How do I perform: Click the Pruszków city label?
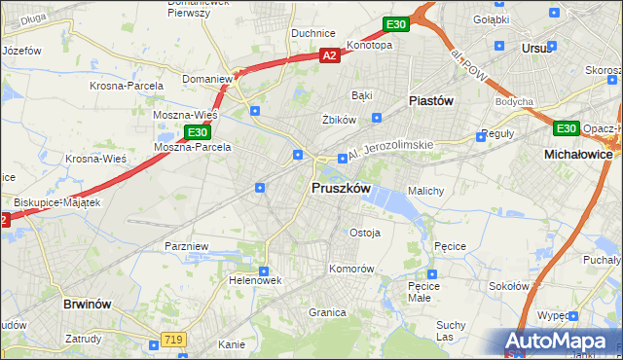[340, 188]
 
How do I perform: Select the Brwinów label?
[91, 304]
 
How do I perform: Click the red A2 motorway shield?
[329, 56]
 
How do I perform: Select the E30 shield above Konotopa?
[394, 24]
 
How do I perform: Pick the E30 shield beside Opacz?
[566, 128]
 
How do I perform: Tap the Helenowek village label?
[256, 280]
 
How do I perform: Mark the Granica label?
[328, 312]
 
